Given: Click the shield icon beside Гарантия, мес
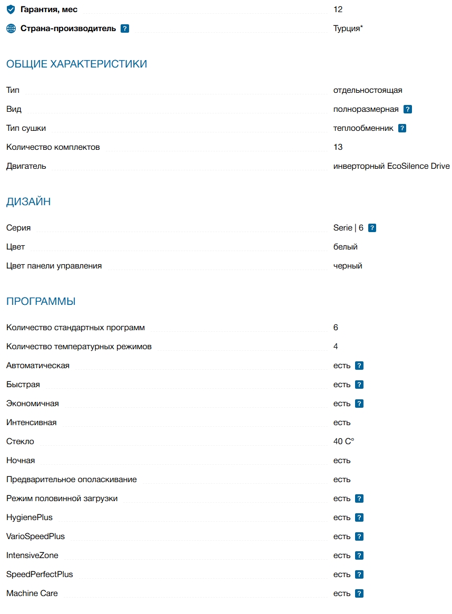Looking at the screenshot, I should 11,9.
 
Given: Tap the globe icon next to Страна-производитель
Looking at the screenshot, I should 11,28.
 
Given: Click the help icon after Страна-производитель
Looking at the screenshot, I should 125,28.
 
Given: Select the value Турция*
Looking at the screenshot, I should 348,28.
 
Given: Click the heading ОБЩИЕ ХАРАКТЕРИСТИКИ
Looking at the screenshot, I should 76,64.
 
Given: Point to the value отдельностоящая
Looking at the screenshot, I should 368,90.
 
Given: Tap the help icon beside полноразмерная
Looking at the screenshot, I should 408,109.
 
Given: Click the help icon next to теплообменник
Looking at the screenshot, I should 402,128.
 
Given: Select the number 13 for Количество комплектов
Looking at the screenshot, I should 338,147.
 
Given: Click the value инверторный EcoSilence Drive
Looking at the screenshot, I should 391,166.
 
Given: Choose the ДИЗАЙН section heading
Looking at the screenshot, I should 28,202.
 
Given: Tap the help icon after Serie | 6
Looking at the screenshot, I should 372,228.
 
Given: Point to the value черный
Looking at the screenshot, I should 348,266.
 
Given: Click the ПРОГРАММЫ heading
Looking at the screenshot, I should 41,302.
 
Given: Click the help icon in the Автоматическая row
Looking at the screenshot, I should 359,366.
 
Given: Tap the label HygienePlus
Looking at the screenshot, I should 30,517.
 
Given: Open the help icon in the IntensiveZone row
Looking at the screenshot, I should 359,555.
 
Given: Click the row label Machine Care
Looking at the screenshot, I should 32,593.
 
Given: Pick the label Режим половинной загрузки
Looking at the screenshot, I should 62,498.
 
